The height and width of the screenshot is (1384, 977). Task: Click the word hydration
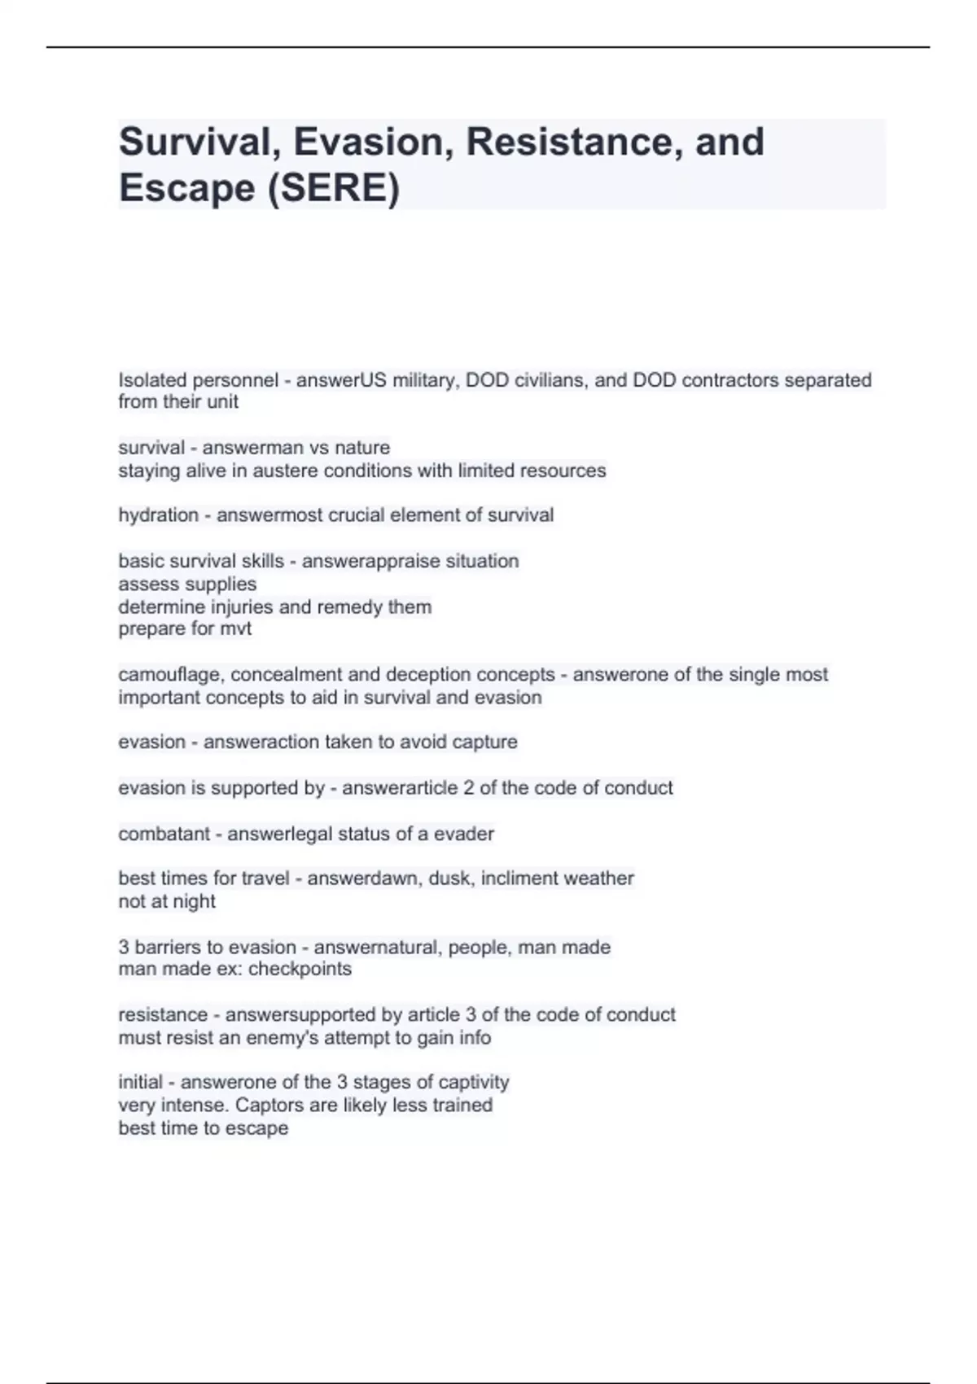[x=158, y=515]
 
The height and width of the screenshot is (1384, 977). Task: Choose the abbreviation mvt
[x=236, y=628]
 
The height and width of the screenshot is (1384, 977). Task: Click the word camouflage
[x=171, y=675]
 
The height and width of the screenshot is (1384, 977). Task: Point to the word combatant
[x=164, y=834]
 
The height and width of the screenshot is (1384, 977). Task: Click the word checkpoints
[x=300, y=969]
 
